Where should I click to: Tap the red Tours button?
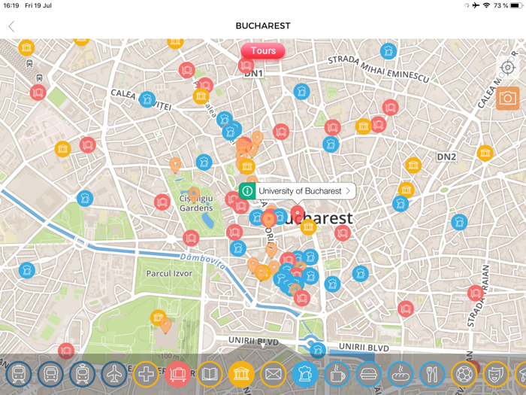(x=263, y=51)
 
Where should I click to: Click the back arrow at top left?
(x=11, y=26)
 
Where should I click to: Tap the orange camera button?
(x=507, y=98)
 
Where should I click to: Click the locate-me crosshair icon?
(x=508, y=68)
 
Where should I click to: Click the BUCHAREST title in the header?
(x=263, y=26)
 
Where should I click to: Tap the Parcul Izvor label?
(x=169, y=274)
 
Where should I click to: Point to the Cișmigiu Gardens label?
(x=196, y=203)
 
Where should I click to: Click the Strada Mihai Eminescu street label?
(x=379, y=68)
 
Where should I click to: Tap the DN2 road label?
(x=447, y=157)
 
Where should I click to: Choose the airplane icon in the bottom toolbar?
(x=113, y=373)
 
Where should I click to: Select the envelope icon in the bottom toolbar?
(x=274, y=373)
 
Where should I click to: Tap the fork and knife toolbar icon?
(x=432, y=373)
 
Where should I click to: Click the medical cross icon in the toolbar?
(x=146, y=373)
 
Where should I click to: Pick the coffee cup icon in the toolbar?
(x=337, y=373)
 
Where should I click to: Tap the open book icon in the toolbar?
(x=210, y=373)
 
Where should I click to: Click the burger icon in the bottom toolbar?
(x=368, y=373)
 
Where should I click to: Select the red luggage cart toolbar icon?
(x=177, y=373)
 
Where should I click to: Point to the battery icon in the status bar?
(x=515, y=5)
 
